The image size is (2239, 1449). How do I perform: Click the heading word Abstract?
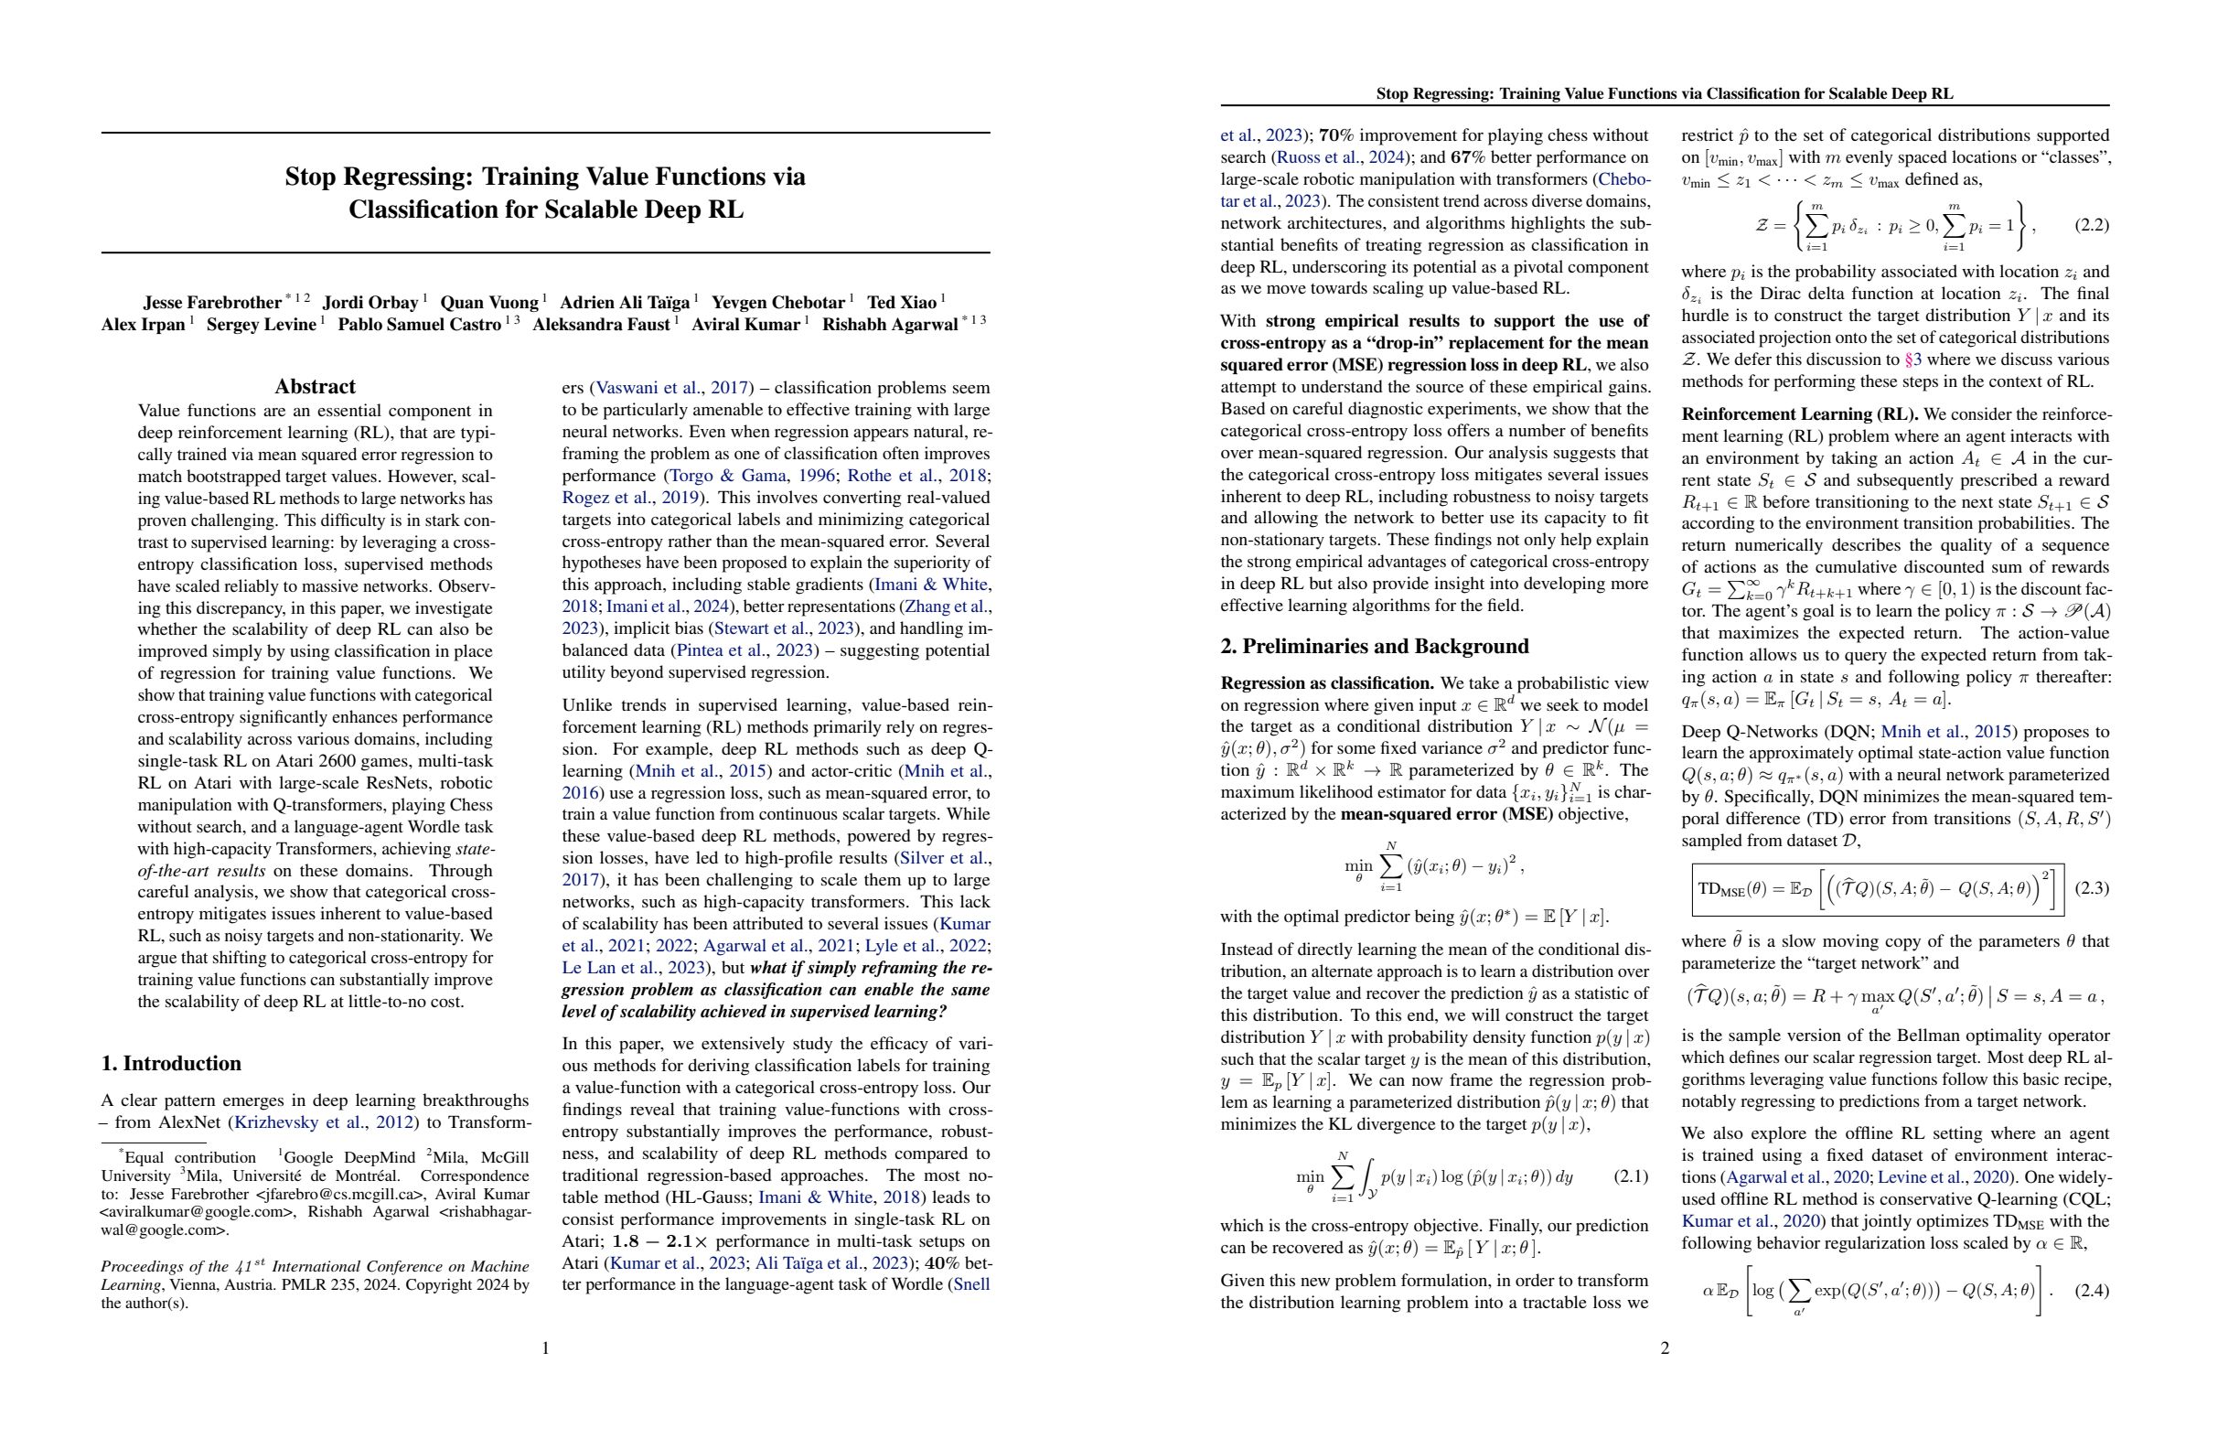[x=315, y=387]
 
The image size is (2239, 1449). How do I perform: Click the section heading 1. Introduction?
[x=171, y=1063]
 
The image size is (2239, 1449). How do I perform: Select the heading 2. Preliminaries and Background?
[x=1374, y=647]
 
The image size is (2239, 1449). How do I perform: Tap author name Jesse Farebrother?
[x=211, y=303]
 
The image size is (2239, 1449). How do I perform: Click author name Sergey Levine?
[x=261, y=326]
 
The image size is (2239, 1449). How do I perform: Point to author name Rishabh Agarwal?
[x=889, y=326]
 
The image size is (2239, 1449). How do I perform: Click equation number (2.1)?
[x=1631, y=1176]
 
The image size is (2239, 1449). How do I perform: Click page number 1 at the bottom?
[x=546, y=1348]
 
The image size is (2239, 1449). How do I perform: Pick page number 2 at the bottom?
[x=1665, y=1348]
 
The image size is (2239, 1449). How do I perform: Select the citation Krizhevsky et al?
[x=299, y=1122]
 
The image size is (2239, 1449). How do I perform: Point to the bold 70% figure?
[x=1336, y=135]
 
